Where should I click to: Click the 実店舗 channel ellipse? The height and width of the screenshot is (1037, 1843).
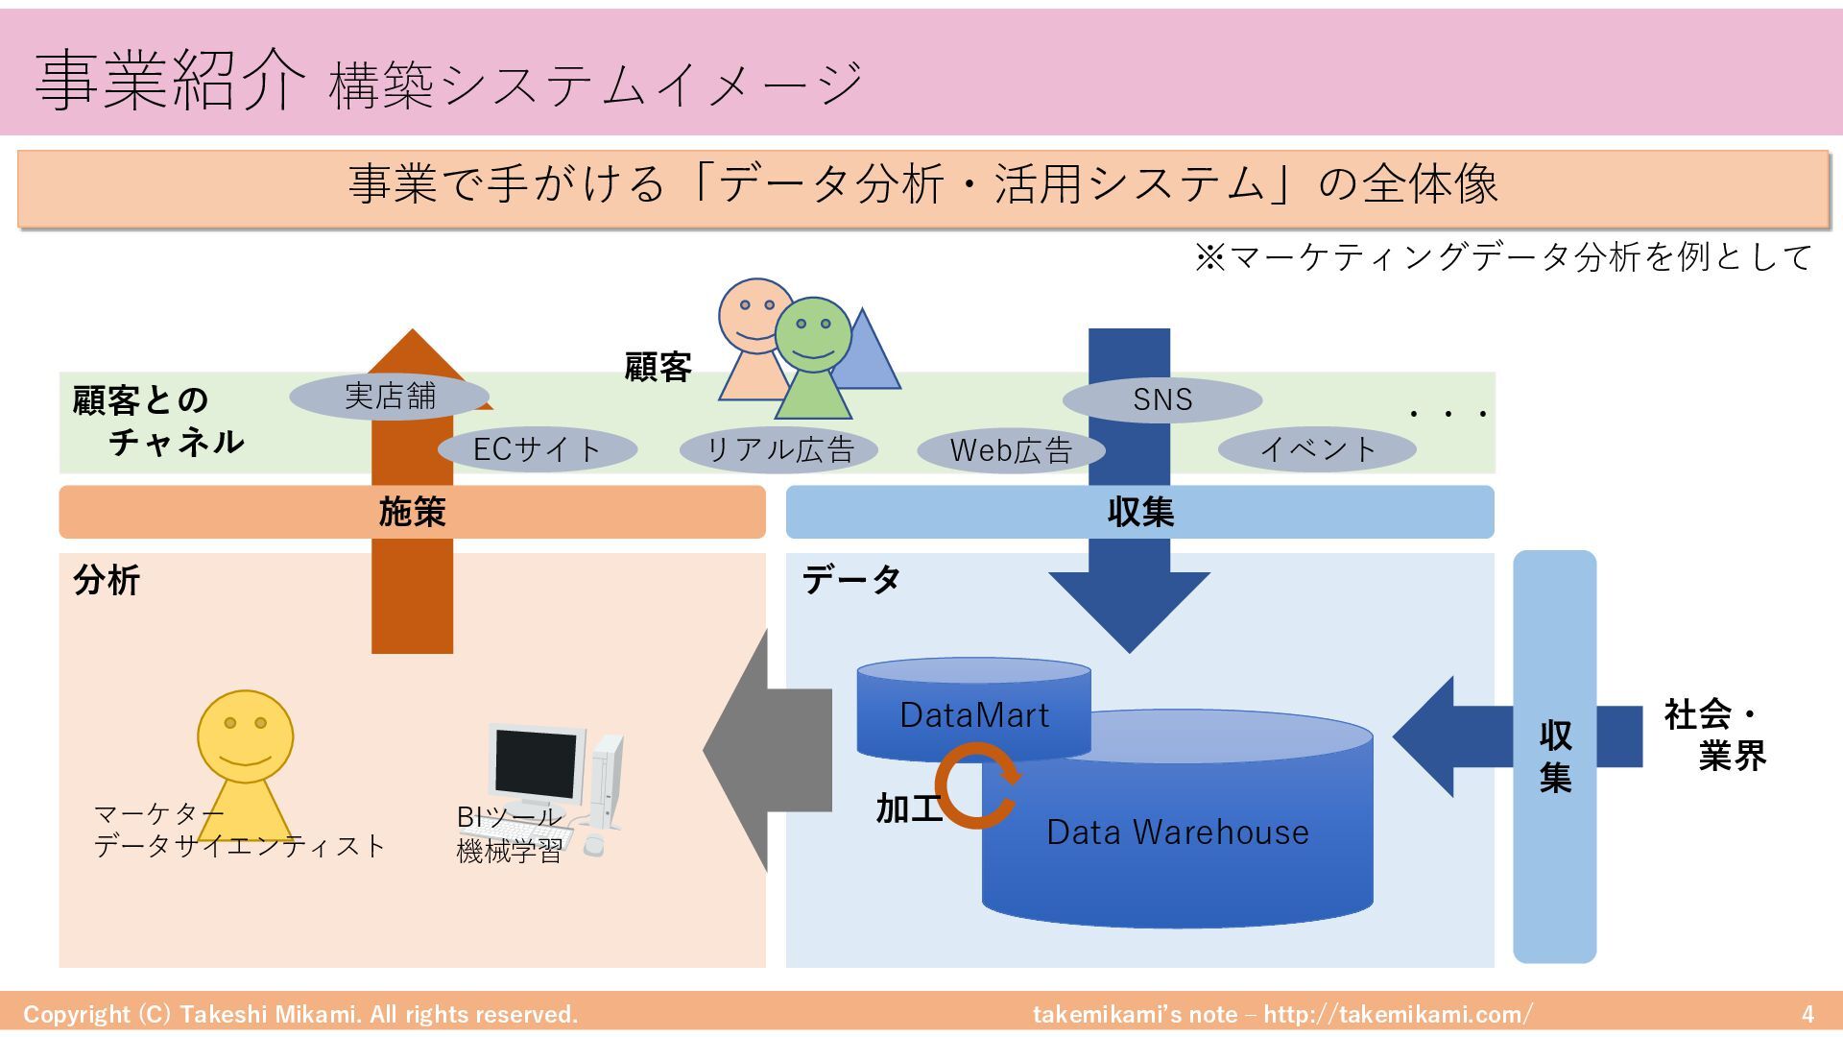tap(389, 397)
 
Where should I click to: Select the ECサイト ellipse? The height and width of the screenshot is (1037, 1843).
tap(537, 449)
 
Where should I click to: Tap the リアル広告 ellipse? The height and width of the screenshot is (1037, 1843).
tap(778, 449)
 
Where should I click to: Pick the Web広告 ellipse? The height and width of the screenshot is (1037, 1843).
tap(1011, 449)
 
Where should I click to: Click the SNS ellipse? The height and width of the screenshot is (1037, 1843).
tap(1161, 399)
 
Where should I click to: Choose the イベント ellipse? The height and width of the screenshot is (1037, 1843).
tap(1317, 448)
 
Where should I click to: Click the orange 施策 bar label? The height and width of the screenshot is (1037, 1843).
tap(412, 512)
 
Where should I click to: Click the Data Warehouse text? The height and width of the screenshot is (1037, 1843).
tap(1177, 832)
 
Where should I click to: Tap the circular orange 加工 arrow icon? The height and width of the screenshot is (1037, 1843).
tap(977, 788)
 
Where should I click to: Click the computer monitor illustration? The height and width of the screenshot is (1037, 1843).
tap(537, 765)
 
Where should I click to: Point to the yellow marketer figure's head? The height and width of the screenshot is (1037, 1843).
tap(245, 736)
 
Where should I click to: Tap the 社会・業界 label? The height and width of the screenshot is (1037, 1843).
tap(1714, 736)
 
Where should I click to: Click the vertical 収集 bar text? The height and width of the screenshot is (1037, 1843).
tap(1555, 756)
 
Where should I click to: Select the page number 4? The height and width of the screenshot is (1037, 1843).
tap(1807, 1014)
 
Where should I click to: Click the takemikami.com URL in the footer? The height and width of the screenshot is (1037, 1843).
tap(1398, 1014)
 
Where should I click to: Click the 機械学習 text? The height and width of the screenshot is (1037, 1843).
tap(509, 851)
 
